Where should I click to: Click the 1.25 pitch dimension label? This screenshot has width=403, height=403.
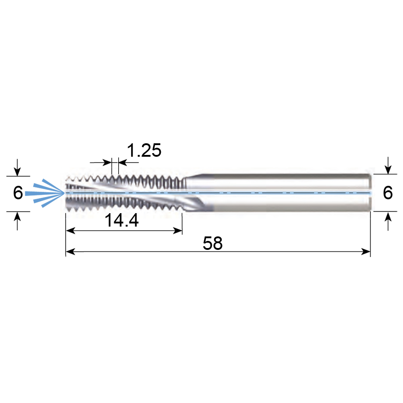[144, 150]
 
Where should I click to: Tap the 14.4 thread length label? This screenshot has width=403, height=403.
[121, 220]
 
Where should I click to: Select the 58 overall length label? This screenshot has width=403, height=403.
[213, 243]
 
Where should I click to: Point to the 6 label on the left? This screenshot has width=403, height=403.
[18, 193]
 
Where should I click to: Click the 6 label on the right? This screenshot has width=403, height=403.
[388, 193]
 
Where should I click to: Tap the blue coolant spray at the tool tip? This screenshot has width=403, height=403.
[45, 193]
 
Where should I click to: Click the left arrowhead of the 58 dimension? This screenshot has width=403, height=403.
[70, 252]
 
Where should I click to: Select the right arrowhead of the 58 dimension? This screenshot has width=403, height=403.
[366, 252]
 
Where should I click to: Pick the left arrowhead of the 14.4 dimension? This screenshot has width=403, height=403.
[70, 231]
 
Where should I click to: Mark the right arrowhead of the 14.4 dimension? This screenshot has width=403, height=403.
[178, 231]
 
